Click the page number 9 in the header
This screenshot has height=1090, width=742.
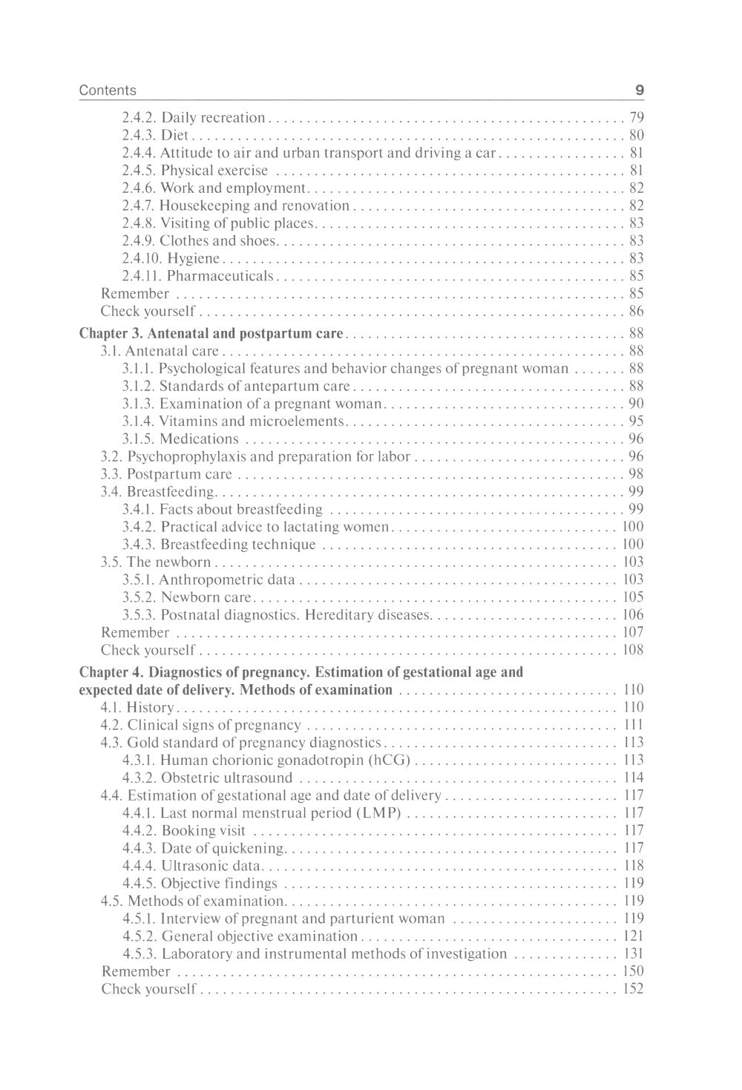click(639, 91)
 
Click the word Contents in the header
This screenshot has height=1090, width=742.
click(108, 91)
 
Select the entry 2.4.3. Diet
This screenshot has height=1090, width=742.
click(155, 135)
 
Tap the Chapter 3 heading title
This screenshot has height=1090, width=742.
click(211, 333)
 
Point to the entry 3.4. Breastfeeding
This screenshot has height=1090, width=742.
click(158, 492)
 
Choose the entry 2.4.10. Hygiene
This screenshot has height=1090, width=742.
click(171, 258)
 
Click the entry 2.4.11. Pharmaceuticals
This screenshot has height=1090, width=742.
click(197, 276)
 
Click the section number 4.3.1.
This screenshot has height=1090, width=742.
click(139, 761)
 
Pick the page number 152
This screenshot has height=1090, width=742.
click(633, 989)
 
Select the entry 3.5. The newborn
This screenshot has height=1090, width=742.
click(156, 562)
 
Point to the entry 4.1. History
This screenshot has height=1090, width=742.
click(137, 708)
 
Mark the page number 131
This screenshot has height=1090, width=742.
click(633, 954)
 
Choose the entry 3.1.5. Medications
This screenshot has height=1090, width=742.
click(180, 439)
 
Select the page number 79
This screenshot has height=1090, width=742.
click(636, 117)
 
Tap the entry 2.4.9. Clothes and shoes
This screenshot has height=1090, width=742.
click(200, 241)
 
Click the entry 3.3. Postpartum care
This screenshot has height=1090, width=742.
click(166, 474)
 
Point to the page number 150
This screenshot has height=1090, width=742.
click(633, 971)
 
